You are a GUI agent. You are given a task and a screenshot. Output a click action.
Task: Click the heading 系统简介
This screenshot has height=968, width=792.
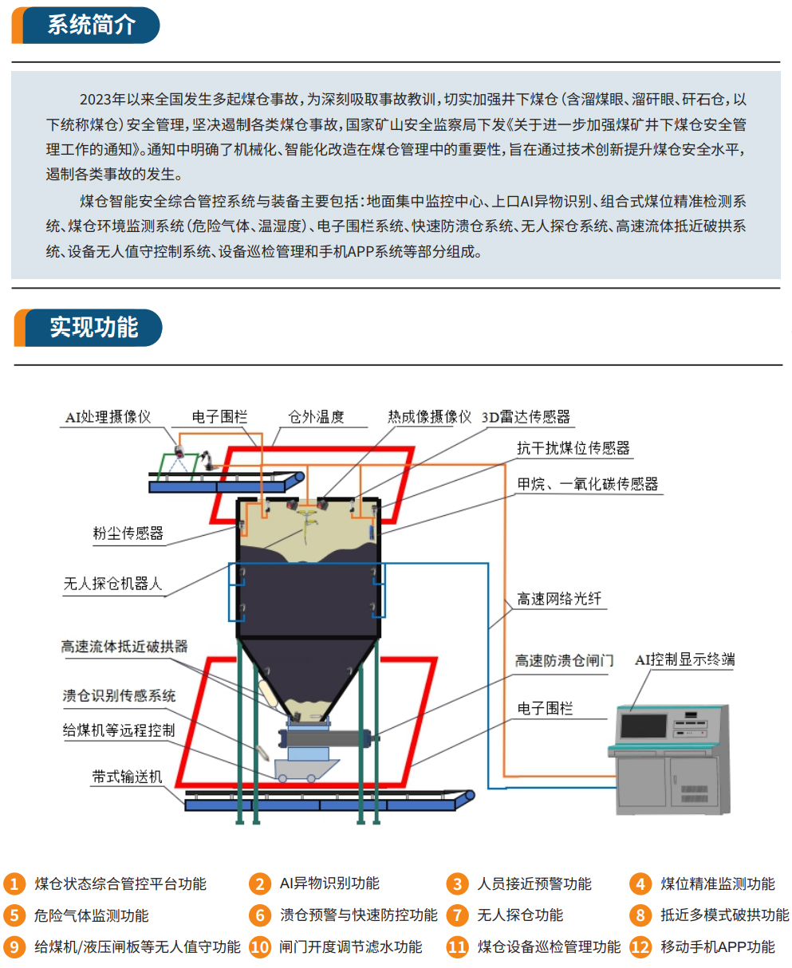92,25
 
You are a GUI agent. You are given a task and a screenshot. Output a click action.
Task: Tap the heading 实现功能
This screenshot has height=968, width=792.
93,327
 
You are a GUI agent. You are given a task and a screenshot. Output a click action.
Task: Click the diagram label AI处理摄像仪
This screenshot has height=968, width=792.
108,417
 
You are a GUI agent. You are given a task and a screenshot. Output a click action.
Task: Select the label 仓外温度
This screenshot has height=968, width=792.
316,417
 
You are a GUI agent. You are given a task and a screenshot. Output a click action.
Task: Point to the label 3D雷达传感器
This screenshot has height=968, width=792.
526,417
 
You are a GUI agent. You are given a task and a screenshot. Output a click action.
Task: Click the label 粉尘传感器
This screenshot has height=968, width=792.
128,533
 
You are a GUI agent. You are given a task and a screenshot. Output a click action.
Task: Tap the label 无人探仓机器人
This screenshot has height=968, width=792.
113,584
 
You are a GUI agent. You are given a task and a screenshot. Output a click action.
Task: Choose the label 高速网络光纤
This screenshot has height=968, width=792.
559,599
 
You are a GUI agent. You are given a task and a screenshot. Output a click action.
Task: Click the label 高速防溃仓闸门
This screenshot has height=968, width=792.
564,660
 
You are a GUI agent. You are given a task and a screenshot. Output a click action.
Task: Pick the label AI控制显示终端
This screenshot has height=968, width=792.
684,659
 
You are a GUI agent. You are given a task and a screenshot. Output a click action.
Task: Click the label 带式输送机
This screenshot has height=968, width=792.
127,777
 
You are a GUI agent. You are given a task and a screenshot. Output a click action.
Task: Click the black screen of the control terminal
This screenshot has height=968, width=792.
643,726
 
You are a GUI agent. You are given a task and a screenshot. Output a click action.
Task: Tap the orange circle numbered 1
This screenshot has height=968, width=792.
14,883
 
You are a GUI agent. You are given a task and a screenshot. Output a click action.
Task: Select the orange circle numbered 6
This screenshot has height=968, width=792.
260,915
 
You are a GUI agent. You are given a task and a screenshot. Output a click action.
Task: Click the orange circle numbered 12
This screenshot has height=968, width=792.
640,947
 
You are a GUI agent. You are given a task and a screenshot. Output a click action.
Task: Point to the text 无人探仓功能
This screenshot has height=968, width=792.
520,915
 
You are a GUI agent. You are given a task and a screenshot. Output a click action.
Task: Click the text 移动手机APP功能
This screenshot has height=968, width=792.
718,947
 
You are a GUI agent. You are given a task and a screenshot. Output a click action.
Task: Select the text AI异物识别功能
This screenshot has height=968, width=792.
329,883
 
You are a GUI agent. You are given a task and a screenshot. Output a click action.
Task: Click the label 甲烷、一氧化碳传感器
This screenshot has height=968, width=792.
588,484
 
